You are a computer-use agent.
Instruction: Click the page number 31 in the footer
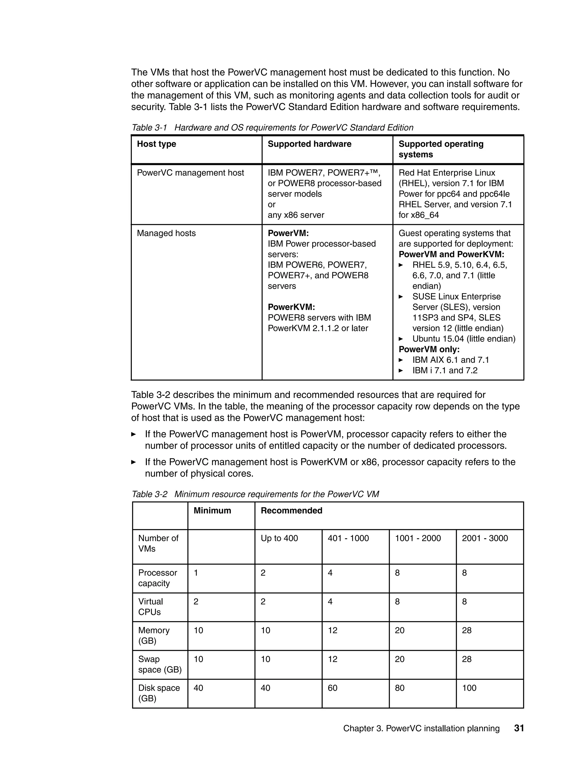coord(518,728)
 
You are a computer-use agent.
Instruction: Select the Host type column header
coord(156,144)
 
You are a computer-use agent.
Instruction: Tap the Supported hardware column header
coord(309,144)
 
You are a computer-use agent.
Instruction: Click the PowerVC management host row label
coord(190,173)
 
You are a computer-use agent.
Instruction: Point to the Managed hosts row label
coord(166,233)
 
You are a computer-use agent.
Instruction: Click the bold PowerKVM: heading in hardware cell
coord(291,307)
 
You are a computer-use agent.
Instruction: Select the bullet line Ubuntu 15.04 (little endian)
coord(463,339)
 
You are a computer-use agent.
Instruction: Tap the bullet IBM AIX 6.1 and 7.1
coord(450,360)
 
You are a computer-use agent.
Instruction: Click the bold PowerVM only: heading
coord(429,349)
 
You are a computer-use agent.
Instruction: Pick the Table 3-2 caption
coord(255,494)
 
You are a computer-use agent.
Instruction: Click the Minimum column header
coord(212,510)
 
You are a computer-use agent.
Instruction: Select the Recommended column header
coord(291,510)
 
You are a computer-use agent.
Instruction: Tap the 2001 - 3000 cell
coord(484,538)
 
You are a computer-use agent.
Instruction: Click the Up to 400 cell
coord(279,538)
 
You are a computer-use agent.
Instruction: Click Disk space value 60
coord(332,688)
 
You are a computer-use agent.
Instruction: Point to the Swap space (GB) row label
coord(160,664)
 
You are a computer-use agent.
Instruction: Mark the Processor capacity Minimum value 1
coord(196,573)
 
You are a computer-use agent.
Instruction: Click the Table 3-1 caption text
coord(273,128)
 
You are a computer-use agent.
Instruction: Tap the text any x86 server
coord(296,215)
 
